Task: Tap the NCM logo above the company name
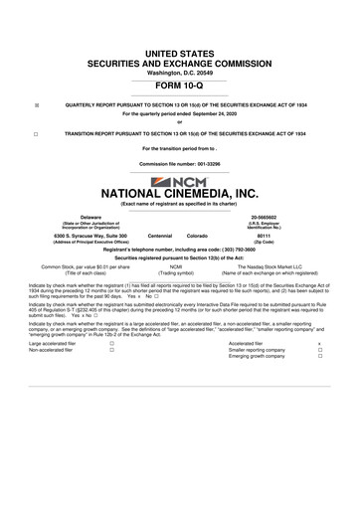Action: [180, 181]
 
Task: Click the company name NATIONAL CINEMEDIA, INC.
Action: [179, 195]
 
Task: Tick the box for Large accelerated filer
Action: [111, 343]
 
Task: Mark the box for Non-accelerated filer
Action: [111, 351]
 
